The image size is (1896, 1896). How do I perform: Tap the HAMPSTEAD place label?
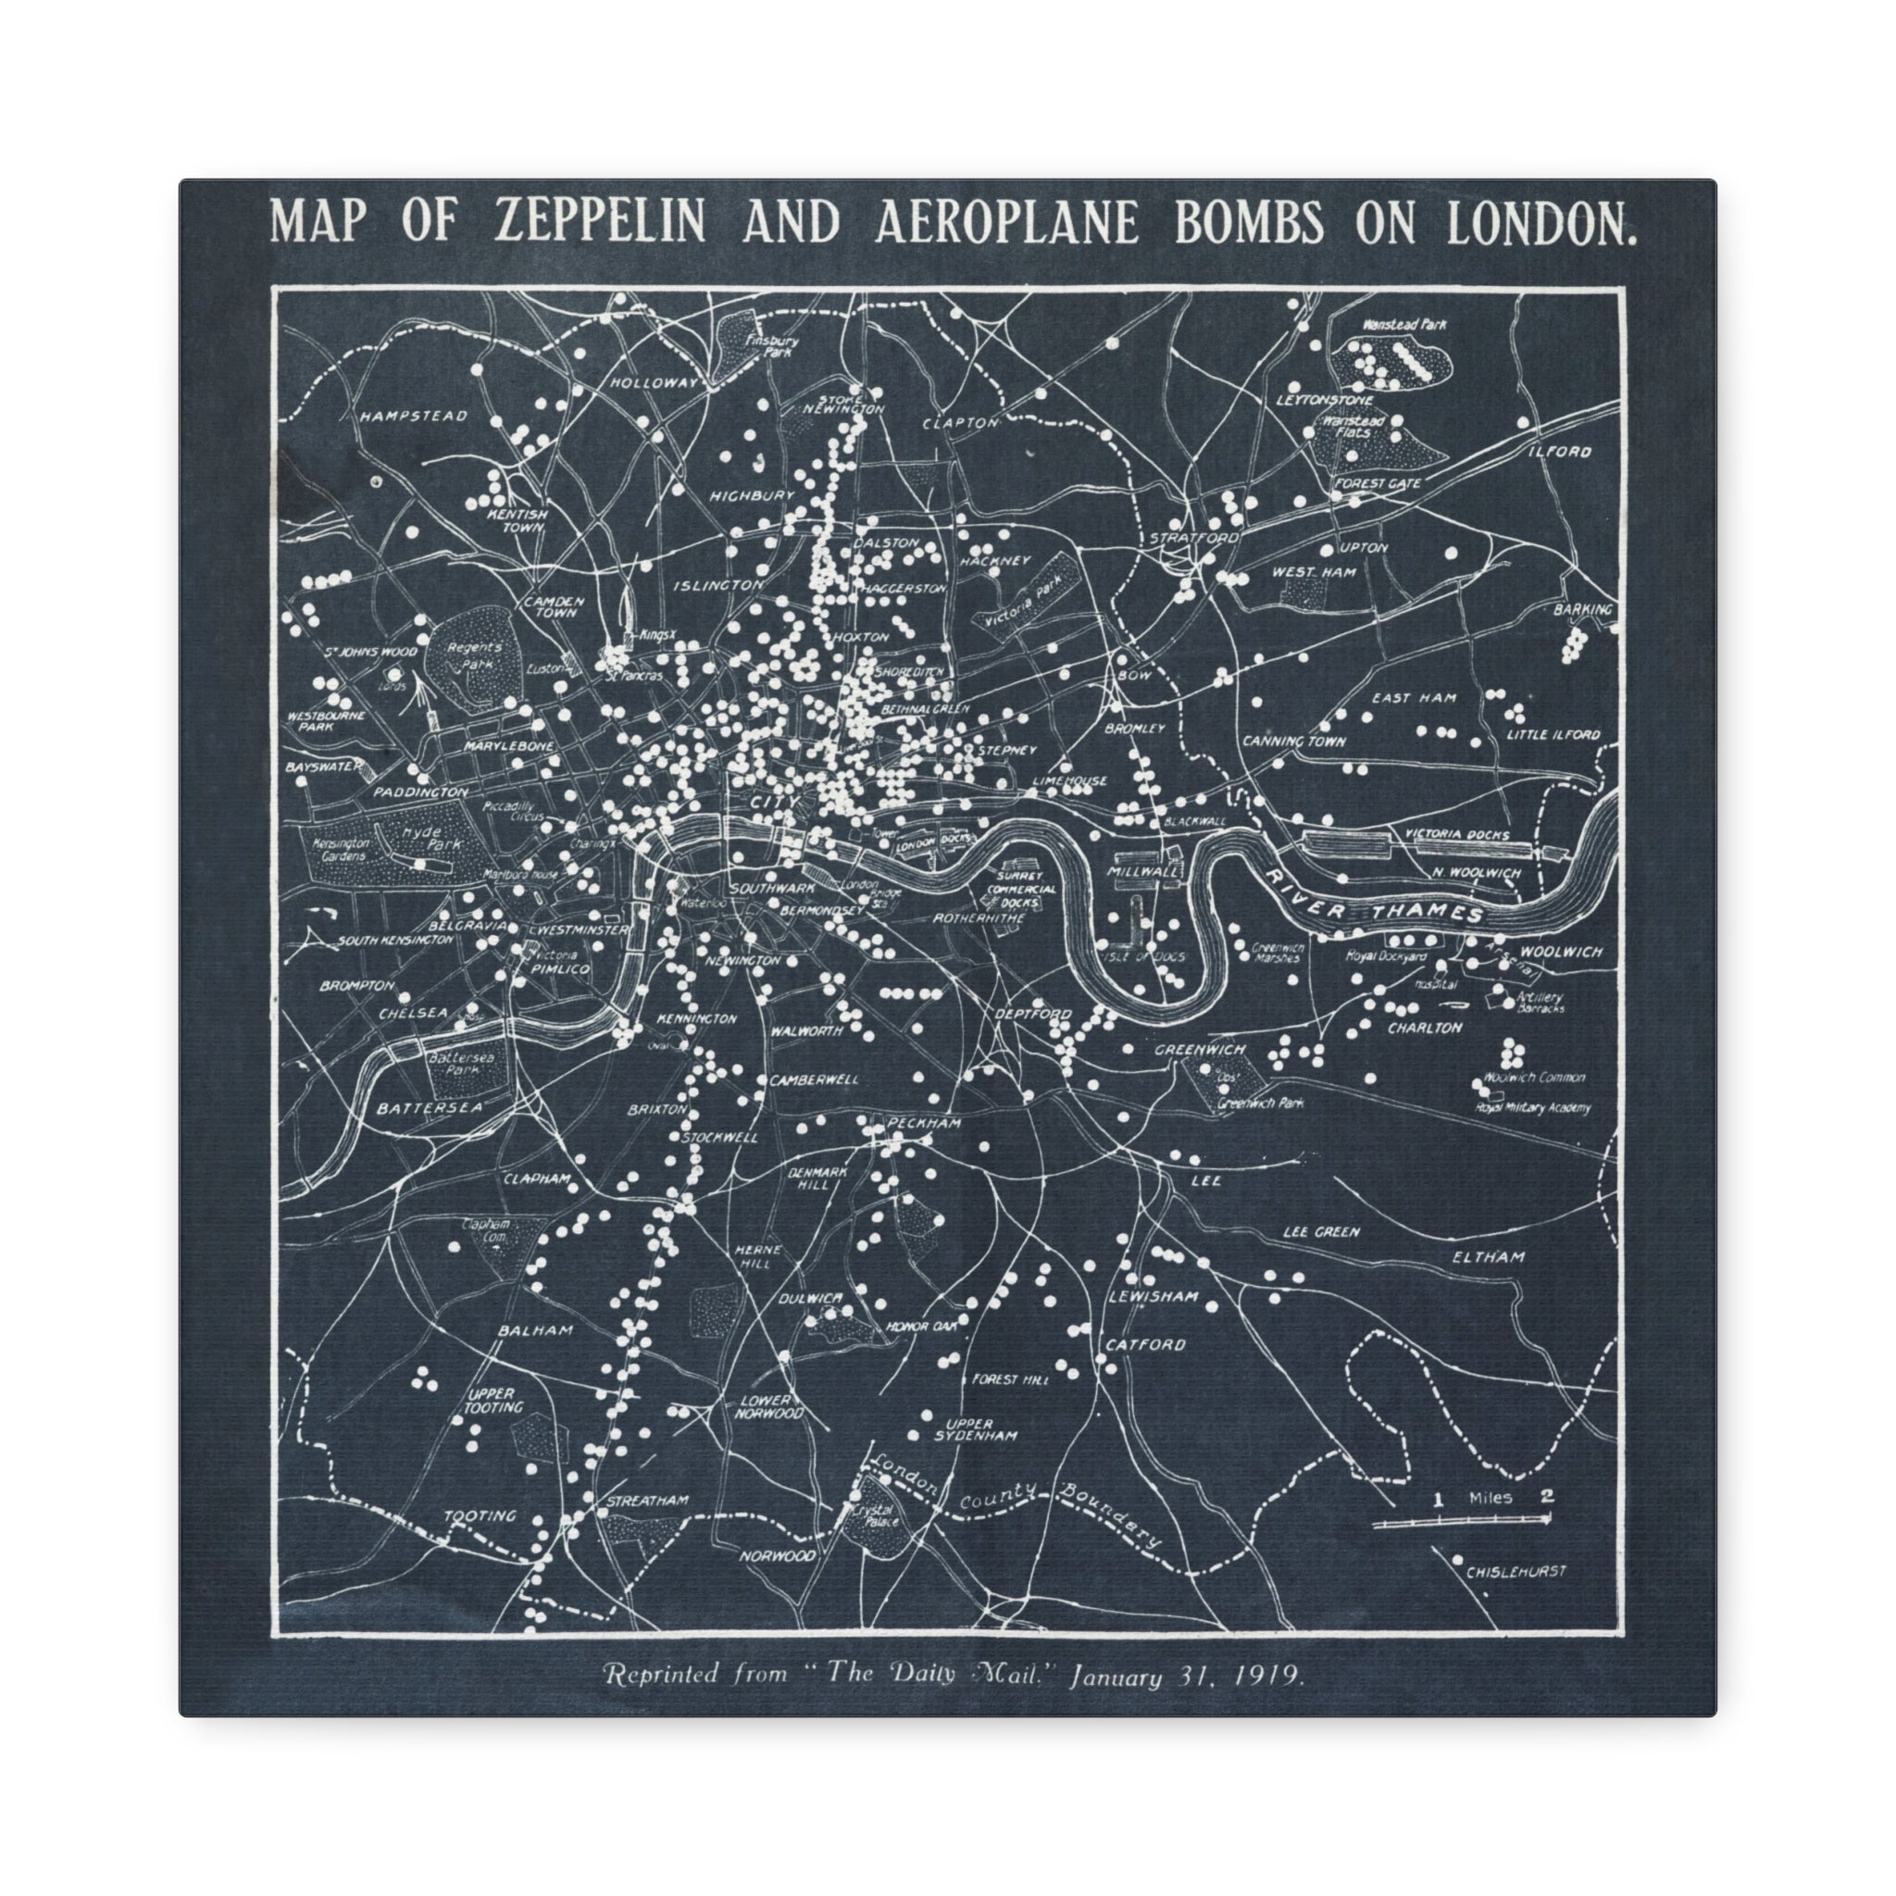click(x=412, y=416)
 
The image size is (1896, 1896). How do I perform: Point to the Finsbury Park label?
click(x=772, y=345)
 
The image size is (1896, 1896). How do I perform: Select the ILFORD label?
click(x=1559, y=453)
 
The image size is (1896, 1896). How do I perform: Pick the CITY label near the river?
click(x=775, y=802)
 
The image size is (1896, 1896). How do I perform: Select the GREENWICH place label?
click(x=1199, y=1049)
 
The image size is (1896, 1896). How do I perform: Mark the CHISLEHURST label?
click(x=1516, y=1571)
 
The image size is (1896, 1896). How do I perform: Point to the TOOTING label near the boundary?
click(x=480, y=1516)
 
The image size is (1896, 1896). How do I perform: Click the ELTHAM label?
click(x=1490, y=1257)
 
